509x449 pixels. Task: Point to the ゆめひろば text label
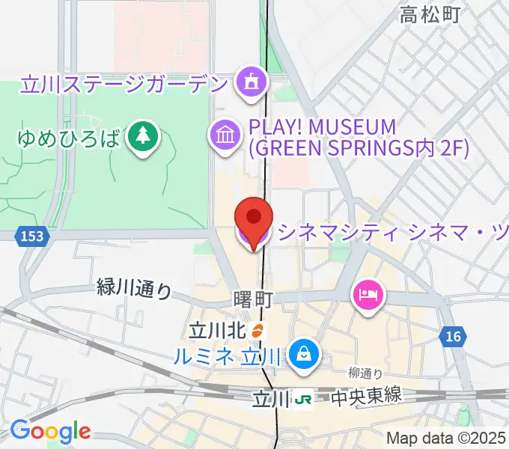coord(69,138)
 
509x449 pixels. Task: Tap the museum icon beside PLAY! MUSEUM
coord(224,135)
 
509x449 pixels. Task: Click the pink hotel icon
coord(368,294)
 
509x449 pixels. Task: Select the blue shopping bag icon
coord(305,351)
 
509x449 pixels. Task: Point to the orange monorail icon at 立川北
coord(257,329)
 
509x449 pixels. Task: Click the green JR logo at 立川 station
coord(303,400)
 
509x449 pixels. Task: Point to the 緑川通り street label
coord(135,288)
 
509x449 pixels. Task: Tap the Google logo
coord(50,432)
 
